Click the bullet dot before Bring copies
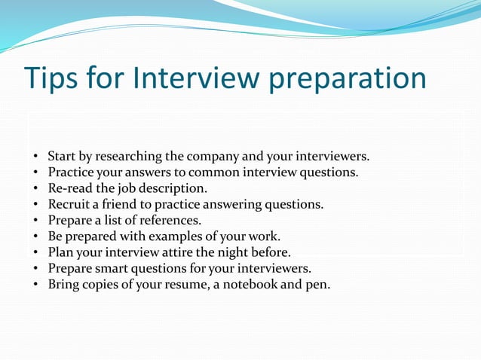click(36, 285)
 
